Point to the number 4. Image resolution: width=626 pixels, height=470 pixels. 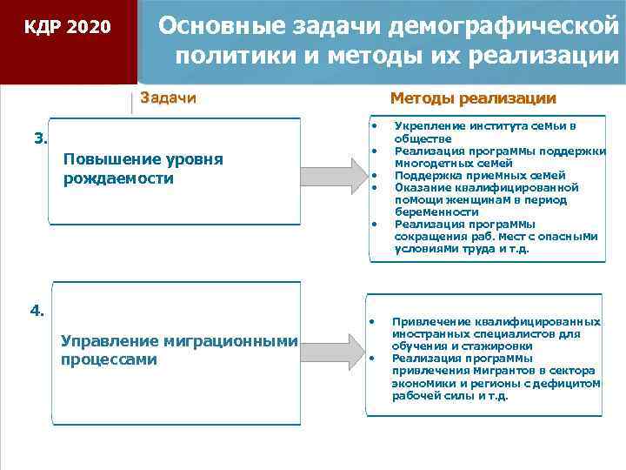coord(38,309)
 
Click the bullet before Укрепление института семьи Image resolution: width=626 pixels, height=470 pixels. coord(374,125)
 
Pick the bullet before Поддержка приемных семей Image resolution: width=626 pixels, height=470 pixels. coord(374,175)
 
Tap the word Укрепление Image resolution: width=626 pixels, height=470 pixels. coord(430,125)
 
